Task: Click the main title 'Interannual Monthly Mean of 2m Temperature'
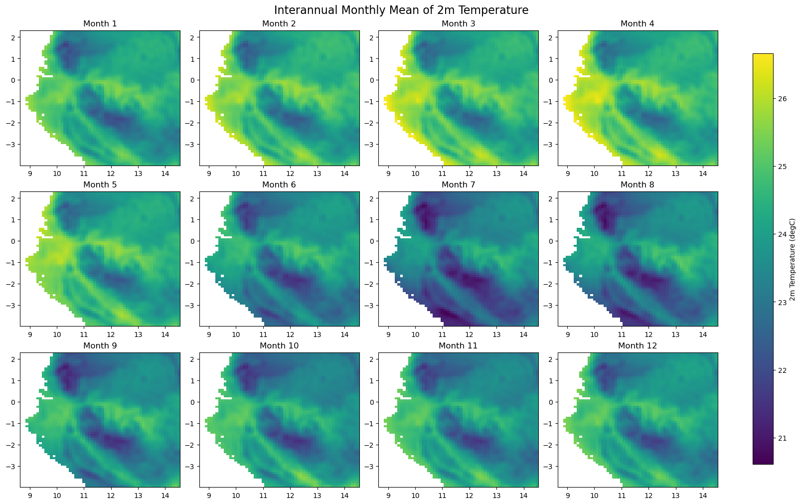[x=401, y=10]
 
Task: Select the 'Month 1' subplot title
[x=100, y=24]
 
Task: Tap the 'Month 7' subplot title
[x=458, y=185]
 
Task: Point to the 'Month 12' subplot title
[x=638, y=346]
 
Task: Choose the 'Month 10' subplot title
[x=279, y=346]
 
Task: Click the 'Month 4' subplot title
[x=638, y=24]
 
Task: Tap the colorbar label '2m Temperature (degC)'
[x=793, y=260]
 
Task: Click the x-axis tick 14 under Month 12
[x=702, y=495]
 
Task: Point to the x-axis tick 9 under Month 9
[x=30, y=495]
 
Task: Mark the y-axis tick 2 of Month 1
[x=14, y=37]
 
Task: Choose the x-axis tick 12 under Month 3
[x=469, y=172]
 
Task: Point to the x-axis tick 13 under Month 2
[x=317, y=172]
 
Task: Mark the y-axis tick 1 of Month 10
[x=193, y=381]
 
